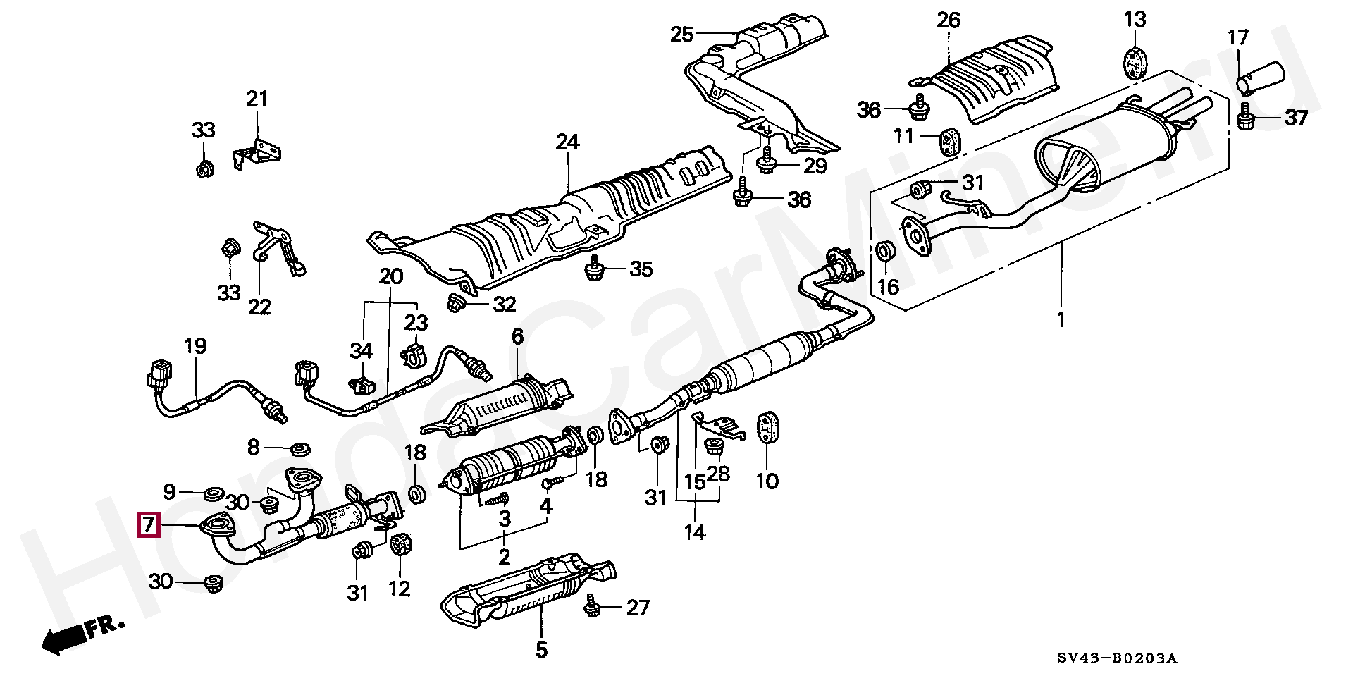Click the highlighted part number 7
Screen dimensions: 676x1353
[x=148, y=525]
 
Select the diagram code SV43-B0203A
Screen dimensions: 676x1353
[x=1116, y=658]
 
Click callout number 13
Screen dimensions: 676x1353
[x=1135, y=20]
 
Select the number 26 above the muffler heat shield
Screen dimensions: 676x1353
[x=948, y=20]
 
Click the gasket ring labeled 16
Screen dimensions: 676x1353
[x=886, y=251]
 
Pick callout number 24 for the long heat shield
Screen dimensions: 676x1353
[x=567, y=142]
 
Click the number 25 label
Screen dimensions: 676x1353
[x=681, y=35]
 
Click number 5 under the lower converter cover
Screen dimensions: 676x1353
[x=540, y=649]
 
